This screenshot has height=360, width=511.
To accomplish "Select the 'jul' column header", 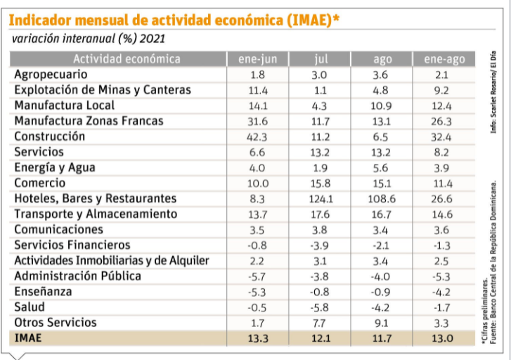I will tap(320, 59).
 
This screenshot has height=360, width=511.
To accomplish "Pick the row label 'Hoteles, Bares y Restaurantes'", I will tap(95, 198).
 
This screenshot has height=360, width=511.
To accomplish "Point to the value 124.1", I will tap(320, 198).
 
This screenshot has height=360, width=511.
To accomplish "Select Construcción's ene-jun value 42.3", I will tap(257, 136).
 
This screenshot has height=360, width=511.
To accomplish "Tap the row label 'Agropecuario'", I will tap(51, 75).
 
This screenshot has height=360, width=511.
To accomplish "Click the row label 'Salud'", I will tap(30, 307).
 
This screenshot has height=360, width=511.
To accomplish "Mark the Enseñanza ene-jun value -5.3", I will tap(257, 291).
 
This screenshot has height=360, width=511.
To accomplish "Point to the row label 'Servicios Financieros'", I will tap(72, 245).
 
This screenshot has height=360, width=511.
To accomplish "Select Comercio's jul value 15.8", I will tap(320, 183).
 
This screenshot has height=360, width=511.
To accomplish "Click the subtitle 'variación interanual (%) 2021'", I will tap(88, 39).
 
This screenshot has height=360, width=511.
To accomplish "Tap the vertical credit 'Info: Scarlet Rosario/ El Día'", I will tap(494, 91).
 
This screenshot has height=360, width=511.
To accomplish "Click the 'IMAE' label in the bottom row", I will tap(28, 338).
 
